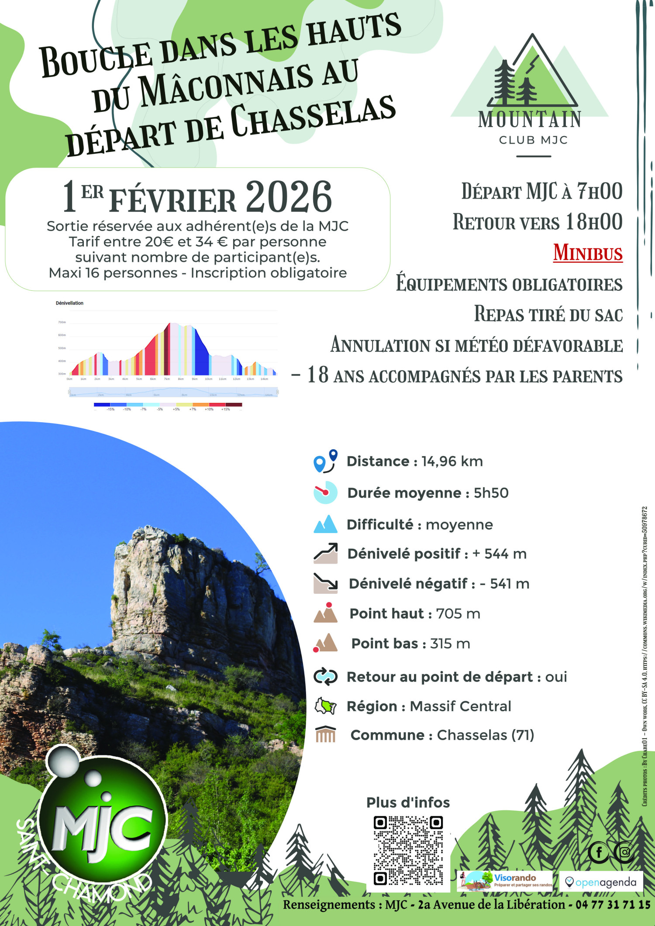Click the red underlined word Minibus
pyautogui.click(x=588, y=253)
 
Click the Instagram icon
pyautogui.click(x=624, y=852)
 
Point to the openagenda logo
pyautogui.click(x=601, y=882)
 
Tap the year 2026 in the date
pyautogui.click(x=289, y=197)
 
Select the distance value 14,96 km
pyautogui.click(x=452, y=461)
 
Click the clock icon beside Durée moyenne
pyautogui.click(x=325, y=492)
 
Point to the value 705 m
pyautogui.click(x=458, y=613)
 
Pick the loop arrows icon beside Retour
pyautogui.click(x=325, y=676)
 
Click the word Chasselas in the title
pyautogui.click(x=313, y=114)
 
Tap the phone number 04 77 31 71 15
pyautogui.click(x=613, y=904)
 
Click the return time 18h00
pyautogui.click(x=594, y=222)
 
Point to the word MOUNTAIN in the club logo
pyautogui.click(x=530, y=119)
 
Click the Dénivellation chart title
pyautogui.click(x=69, y=303)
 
